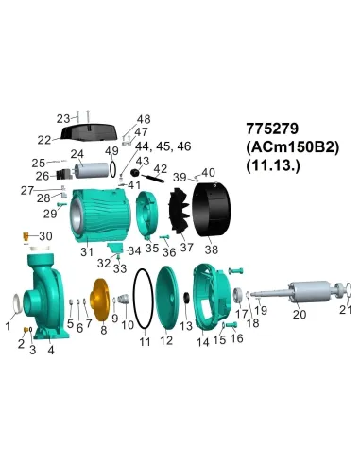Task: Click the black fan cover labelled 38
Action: pyautogui.click(x=214, y=209)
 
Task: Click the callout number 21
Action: pyautogui.click(x=345, y=309)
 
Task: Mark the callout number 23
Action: pyautogui.click(x=63, y=118)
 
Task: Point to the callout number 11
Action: pyautogui.click(x=144, y=341)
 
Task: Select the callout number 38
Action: pyautogui.click(x=210, y=250)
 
